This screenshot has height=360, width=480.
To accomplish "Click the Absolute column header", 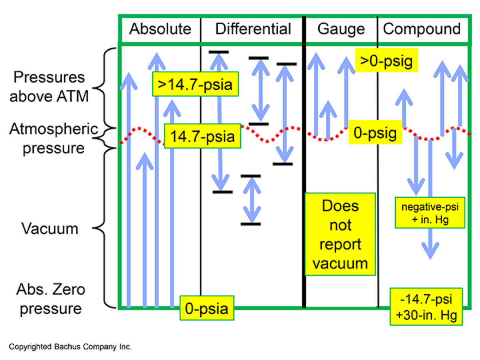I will coord(160,29).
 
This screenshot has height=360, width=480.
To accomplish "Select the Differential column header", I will coord(253,29).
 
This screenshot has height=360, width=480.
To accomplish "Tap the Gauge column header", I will coord(341,29).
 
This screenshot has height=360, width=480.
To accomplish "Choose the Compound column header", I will coord(422,29).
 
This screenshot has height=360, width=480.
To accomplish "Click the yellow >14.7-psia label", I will coord(195,85).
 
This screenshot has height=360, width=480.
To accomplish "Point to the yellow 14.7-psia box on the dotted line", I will coord(202,136).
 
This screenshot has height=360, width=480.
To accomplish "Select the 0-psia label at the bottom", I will coord(206,308).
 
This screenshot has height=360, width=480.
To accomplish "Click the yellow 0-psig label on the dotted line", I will coord(375,133).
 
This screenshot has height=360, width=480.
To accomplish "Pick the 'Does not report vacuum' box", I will coord(340,234).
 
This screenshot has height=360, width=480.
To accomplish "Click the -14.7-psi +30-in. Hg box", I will coord(426,306).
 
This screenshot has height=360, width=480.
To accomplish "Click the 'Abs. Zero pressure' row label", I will coord(51,299).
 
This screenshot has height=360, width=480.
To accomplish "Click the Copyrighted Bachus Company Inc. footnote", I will coord(70,346).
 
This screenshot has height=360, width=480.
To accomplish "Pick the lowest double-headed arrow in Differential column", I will coord(251,200).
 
